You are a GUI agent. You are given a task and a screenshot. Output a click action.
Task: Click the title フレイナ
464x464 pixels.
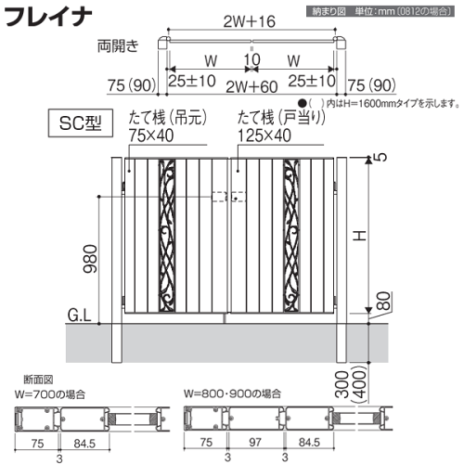pos(48,17)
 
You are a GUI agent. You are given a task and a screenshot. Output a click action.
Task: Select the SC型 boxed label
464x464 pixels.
pos(81,123)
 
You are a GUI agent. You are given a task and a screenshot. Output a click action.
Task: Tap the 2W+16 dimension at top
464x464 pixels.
pos(250,21)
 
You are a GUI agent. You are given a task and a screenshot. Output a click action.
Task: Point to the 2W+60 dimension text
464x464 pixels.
pos(251,87)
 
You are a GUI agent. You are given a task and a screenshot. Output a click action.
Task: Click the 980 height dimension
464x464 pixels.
pos(90,259)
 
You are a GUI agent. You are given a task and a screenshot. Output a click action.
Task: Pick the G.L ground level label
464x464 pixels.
pos(80,316)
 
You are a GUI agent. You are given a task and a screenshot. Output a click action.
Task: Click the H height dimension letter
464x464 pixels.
pos(360,236)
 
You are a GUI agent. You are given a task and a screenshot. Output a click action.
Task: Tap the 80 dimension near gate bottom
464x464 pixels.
pos(384,301)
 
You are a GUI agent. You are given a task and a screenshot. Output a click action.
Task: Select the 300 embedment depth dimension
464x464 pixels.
pos(342,384)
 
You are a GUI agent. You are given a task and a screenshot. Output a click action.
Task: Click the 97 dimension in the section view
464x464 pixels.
pos(255,442)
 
